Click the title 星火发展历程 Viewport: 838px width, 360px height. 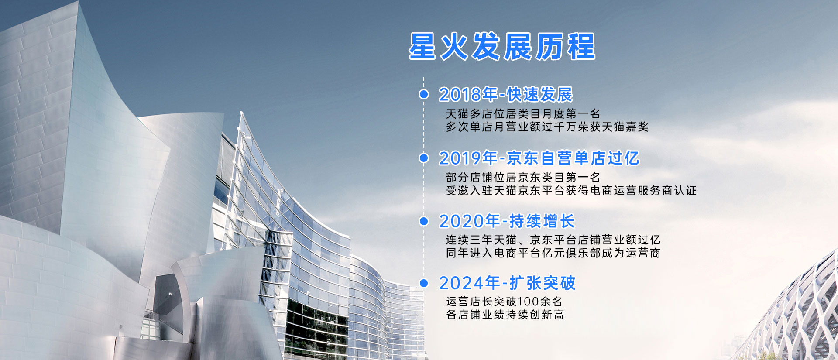(x=502, y=46)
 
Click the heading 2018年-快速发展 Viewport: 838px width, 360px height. (x=505, y=94)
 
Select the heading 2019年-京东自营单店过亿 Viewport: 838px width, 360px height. (x=539, y=158)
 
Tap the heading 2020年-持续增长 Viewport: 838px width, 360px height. (x=507, y=221)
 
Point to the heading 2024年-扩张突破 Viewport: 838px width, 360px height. (x=507, y=283)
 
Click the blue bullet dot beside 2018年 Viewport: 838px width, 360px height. (x=423, y=94)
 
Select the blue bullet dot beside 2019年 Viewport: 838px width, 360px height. (x=423, y=158)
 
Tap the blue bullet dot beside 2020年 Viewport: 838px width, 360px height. (x=423, y=221)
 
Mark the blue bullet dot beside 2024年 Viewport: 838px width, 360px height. (x=423, y=283)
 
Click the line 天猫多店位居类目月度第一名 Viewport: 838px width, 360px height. (x=523, y=114)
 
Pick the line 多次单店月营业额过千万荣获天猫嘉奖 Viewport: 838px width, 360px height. (x=547, y=127)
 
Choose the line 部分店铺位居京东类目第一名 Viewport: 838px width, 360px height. (x=523, y=178)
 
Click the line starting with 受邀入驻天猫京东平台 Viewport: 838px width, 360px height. (x=571, y=191)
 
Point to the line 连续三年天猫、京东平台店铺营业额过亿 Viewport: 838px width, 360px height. (x=553, y=240)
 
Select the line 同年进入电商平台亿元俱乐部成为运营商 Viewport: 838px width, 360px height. (x=553, y=253)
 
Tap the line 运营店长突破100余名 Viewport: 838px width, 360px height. (x=504, y=302)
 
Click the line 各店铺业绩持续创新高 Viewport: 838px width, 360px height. (x=505, y=315)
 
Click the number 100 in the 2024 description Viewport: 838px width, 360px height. (x=528, y=302)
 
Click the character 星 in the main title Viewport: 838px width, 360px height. (x=422, y=46)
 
